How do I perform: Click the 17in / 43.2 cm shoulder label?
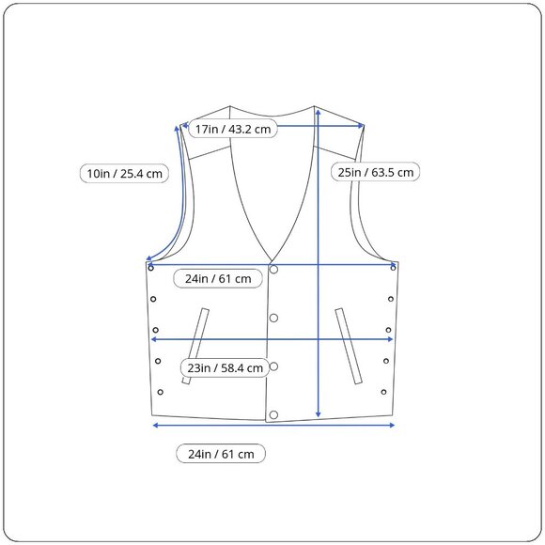[x=233, y=129]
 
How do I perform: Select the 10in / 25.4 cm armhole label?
[x=124, y=173]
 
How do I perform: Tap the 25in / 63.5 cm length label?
[x=375, y=172]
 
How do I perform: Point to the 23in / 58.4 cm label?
[x=225, y=367]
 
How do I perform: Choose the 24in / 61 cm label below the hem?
[x=221, y=454]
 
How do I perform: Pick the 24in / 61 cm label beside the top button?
[x=218, y=278]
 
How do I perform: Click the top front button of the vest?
[x=273, y=270]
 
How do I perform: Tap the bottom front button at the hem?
[x=273, y=414]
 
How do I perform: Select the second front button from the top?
[x=273, y=318]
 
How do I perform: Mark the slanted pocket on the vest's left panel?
[x=195, y=346]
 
